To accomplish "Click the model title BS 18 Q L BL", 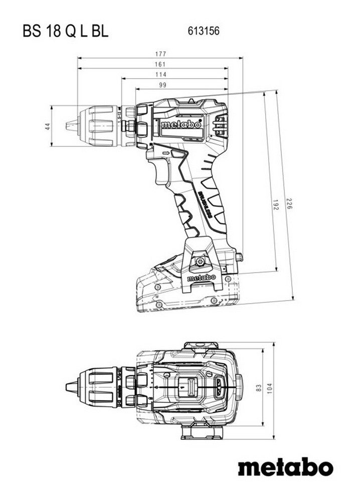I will pos(65,32).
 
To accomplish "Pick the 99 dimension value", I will pos(162,85).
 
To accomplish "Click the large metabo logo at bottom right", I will pos(285,468).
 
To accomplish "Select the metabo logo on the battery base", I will pos(201,277).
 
